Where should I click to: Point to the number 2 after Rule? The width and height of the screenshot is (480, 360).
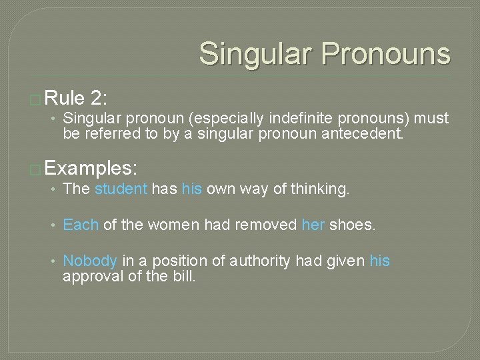97,99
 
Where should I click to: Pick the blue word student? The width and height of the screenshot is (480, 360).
121,189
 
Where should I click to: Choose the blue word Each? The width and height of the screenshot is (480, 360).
80,225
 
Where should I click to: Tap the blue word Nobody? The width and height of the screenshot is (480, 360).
90,261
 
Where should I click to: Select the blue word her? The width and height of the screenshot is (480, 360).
313,225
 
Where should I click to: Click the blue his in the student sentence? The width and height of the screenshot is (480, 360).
191,189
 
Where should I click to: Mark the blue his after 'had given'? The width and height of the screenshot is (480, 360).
379,261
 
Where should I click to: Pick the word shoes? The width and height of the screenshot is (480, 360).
353,225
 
